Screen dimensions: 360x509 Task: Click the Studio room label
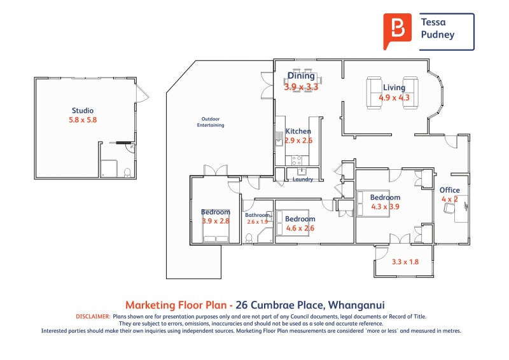82,111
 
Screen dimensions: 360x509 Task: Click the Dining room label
301,76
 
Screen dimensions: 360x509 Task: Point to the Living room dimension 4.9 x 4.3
394,98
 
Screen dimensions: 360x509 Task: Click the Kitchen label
298,132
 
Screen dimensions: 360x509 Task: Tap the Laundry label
302,179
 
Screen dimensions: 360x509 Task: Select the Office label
449,190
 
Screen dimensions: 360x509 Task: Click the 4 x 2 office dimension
449,199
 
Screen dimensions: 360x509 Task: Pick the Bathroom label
258,215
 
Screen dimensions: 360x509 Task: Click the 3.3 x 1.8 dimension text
405,261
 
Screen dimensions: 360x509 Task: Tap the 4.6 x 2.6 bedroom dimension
300,228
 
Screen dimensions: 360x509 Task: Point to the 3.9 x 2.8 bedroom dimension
216,221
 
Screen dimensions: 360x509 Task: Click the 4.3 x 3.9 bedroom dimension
385,206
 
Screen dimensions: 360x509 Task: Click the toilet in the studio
127,172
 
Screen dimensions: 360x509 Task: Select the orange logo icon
397,30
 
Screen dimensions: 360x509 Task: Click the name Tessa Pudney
438,29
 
